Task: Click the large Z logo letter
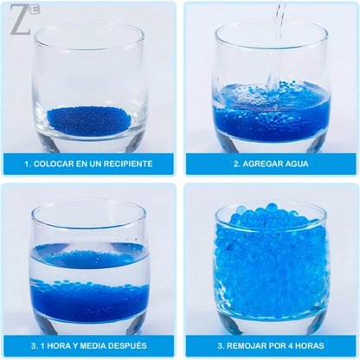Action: [x=20, y=19]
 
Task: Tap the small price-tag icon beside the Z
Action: [x=35, y=10]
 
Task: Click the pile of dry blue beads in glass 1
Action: [x=89, y=120]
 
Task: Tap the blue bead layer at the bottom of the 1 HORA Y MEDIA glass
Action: [x=90, y=301]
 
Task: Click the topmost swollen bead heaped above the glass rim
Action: [x=271, y=207]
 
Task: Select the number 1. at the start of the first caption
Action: [x=28, y=164]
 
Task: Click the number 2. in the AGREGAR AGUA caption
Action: [x=237, y=164]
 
